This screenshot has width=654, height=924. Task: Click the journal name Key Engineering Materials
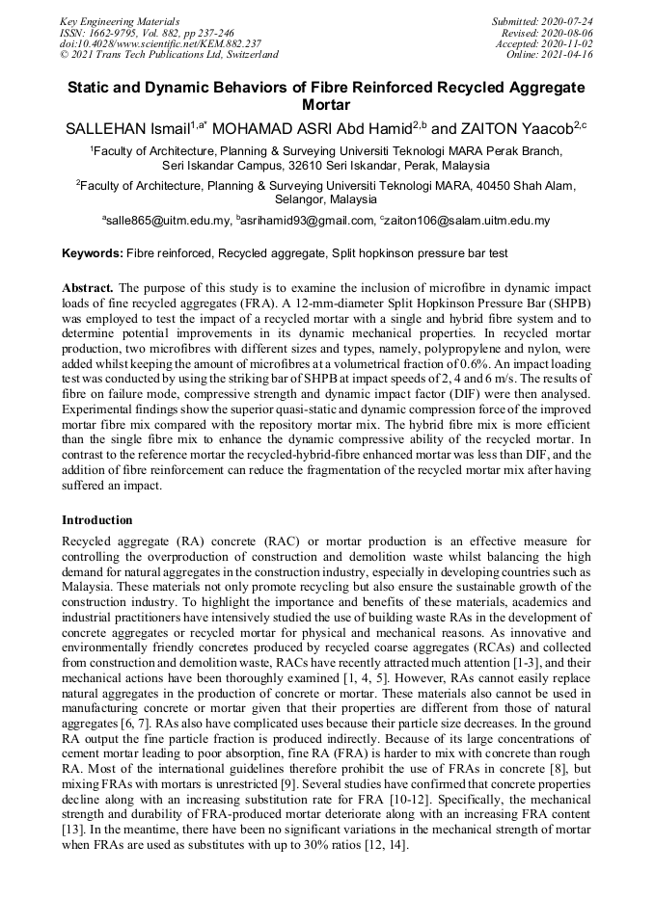point(119,21)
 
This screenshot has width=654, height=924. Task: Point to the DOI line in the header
point(160,43)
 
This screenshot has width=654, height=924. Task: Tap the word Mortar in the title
point(326,104)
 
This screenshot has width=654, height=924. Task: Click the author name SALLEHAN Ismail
point(126,128)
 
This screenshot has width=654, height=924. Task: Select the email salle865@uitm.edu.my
point(168,222)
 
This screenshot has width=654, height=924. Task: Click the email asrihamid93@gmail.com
point(311,222)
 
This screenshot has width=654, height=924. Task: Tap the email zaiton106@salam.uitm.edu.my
point(468,222)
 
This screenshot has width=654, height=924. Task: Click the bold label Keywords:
point(93,253)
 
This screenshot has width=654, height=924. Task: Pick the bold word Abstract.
point(89,288)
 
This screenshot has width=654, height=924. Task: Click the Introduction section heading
point(97,520)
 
